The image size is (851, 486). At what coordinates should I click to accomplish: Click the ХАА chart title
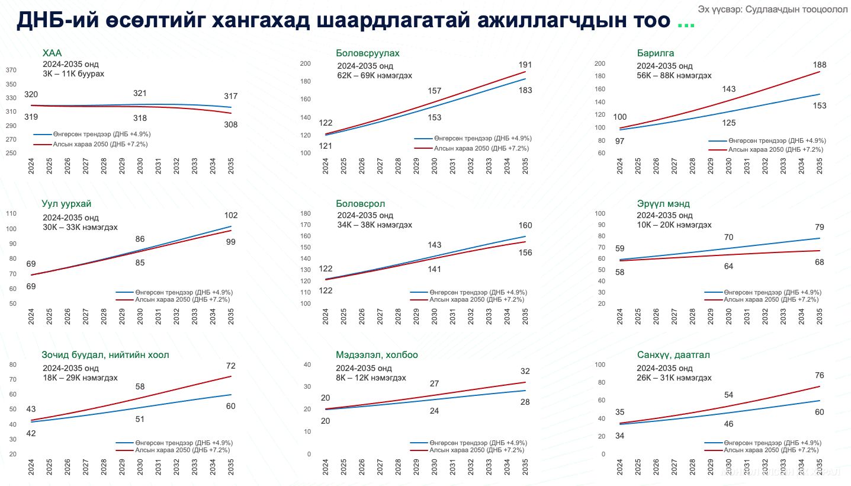tap(52, 53)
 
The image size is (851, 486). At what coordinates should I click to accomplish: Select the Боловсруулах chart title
tap(367, 53)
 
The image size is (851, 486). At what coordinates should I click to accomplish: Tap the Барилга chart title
tap(656, 53)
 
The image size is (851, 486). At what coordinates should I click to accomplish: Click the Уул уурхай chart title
tap(66, 204)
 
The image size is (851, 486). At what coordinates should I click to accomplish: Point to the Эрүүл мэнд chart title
tap(663, 204)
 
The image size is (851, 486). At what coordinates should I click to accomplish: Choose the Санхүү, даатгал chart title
tap(673, 355)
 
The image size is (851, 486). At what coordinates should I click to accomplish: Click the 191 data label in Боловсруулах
tap(525, 65)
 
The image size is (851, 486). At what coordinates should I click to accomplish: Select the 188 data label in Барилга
tap(820, 65)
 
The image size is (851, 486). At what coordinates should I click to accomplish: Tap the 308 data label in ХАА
tap(231, 125)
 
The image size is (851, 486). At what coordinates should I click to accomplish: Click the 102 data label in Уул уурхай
tap(231, 215)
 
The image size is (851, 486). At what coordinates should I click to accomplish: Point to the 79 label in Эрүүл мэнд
tap(820, 227)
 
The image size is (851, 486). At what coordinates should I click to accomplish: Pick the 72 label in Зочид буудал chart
tap(231, 366)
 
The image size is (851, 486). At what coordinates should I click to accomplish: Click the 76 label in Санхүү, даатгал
tap(820, 375)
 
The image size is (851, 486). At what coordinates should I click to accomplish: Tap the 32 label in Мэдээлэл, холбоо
tap(525, 372)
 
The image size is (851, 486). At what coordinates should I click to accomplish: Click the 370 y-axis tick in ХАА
tap(11, 71)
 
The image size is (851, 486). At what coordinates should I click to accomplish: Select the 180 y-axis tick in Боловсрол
tap(306, 214)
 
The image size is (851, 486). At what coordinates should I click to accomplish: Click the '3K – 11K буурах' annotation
tap(73, 74)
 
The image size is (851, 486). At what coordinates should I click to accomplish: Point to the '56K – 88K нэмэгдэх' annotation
tap(674, 76)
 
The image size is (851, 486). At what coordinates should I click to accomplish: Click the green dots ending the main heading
tap(686, 24)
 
